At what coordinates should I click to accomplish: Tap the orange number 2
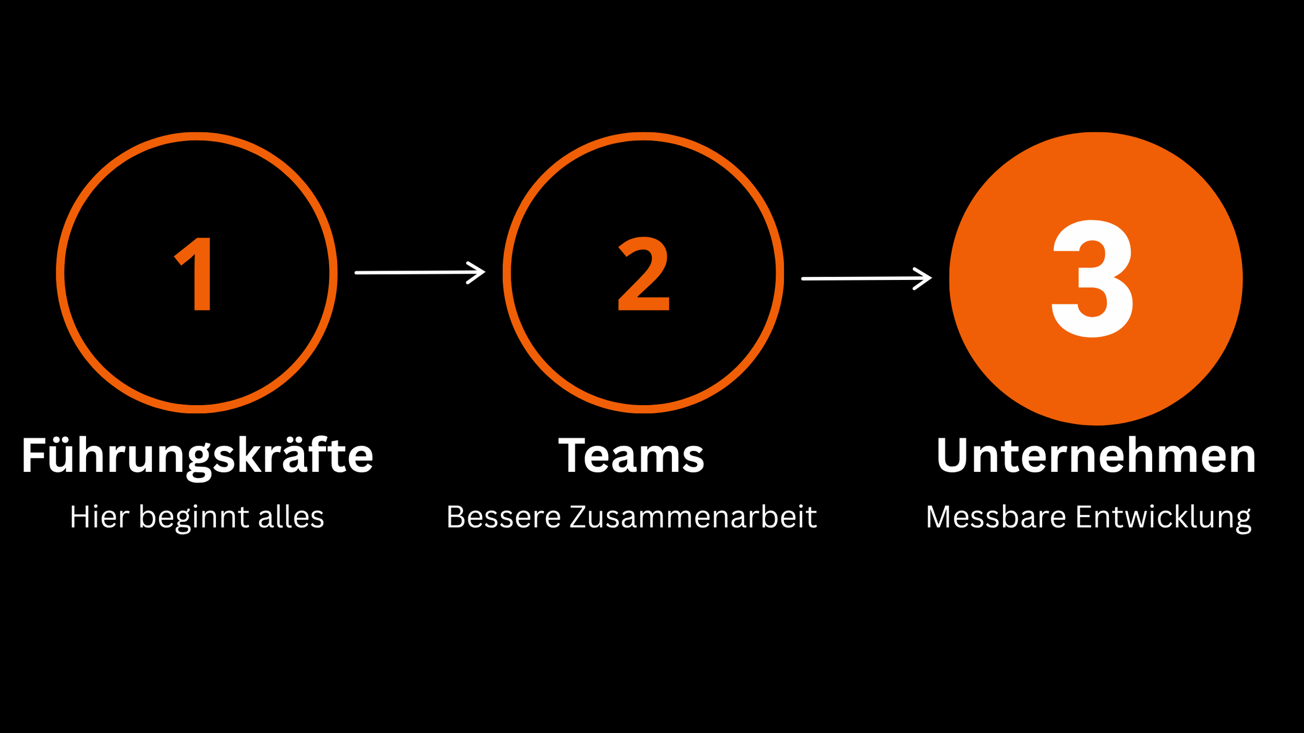[643, 274]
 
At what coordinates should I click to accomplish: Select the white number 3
[1092, 278]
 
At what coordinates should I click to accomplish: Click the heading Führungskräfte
[197, 457]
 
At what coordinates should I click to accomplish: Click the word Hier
[100, 517]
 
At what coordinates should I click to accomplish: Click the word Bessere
[503, 517]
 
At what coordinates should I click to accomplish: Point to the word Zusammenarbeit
[693, 517]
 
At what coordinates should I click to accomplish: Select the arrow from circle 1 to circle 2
[420, 273]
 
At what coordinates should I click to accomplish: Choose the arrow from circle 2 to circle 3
[866, 279]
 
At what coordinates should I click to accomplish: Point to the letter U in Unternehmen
[952, 456]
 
